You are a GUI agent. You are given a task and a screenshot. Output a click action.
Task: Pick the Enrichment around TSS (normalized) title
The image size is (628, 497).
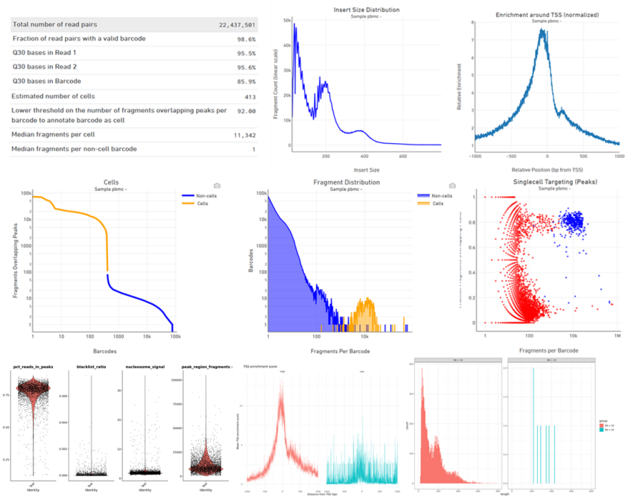pyautogui.click(x=536, y=15)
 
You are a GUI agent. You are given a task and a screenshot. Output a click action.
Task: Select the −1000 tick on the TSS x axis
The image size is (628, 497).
pyautogui.click(x=475, y=157)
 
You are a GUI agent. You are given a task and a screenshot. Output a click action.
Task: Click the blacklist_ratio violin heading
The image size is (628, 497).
pyautogui.click(x=92, y=367)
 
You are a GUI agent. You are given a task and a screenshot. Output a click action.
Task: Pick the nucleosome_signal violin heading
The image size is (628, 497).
pyautogui.click(x=143, y=367)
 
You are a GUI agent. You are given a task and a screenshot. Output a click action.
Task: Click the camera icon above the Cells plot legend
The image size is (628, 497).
pyautogui.click(x=217, y=185)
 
